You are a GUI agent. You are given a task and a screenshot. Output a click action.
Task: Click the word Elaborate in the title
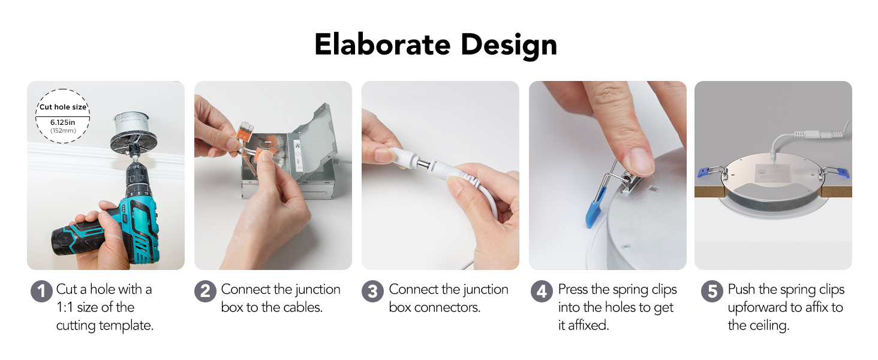point(383,44)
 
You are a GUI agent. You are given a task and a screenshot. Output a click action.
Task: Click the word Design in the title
point(509,46)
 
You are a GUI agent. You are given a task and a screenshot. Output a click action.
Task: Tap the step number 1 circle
point(41,292)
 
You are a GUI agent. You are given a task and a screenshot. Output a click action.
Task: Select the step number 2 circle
point(205,292)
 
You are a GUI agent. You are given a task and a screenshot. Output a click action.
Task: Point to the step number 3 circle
point(372,292)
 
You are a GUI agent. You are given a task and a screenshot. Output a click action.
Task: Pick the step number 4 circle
point(542,292)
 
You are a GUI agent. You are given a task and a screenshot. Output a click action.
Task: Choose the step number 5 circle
point(712,292)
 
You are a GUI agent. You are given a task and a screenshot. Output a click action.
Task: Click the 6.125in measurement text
point(63,122)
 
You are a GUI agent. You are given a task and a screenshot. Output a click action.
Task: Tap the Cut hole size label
point(63,107)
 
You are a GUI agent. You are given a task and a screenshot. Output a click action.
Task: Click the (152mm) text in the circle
point(63,131)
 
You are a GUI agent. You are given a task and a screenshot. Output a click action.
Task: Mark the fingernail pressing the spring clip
point(641,161)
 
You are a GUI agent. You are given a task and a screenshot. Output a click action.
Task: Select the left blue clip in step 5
point(708,172)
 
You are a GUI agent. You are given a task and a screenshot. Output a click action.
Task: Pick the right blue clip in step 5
point(840,172)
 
